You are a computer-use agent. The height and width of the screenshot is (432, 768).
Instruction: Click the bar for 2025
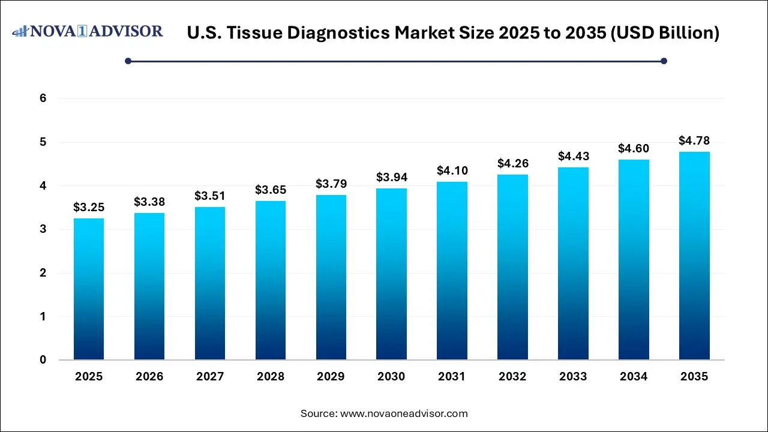[x=88, y=289]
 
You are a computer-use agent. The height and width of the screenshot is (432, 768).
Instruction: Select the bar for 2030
[x=391, y=274]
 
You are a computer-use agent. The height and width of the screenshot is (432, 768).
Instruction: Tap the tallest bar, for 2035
[x=694, y=256]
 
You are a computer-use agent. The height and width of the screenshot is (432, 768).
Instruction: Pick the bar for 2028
[x=270, y=280]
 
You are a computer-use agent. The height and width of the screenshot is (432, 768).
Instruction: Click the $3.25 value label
[x=88, y=207]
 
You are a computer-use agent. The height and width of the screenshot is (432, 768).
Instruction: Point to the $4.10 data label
[x=452, y=170]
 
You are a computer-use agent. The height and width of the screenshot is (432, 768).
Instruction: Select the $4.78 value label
[x=694, y=140]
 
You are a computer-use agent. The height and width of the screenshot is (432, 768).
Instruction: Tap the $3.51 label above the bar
[x=209, y=196]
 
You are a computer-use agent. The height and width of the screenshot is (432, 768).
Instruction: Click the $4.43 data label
[x=573, y=156]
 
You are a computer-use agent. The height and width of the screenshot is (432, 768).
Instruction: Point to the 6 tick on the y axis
[x=43, y=98]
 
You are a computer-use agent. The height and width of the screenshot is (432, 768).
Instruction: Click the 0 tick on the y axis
[x=43, y=360]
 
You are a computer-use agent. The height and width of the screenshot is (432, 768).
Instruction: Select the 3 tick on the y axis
[x=43, y=229]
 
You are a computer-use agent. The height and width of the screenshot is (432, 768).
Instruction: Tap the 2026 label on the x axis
[x=149, y=377]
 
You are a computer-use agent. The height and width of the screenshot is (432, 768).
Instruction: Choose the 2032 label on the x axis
[x=512, y=377]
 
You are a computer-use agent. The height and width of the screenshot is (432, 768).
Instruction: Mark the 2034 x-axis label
[x=634, y=377]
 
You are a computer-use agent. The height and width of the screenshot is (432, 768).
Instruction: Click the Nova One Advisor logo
[x=88, y=31]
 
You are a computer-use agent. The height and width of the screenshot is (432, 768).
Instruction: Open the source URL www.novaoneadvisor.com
[x=404, y=413]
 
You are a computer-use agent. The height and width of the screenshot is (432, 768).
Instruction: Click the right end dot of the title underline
[x=664, y=61]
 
